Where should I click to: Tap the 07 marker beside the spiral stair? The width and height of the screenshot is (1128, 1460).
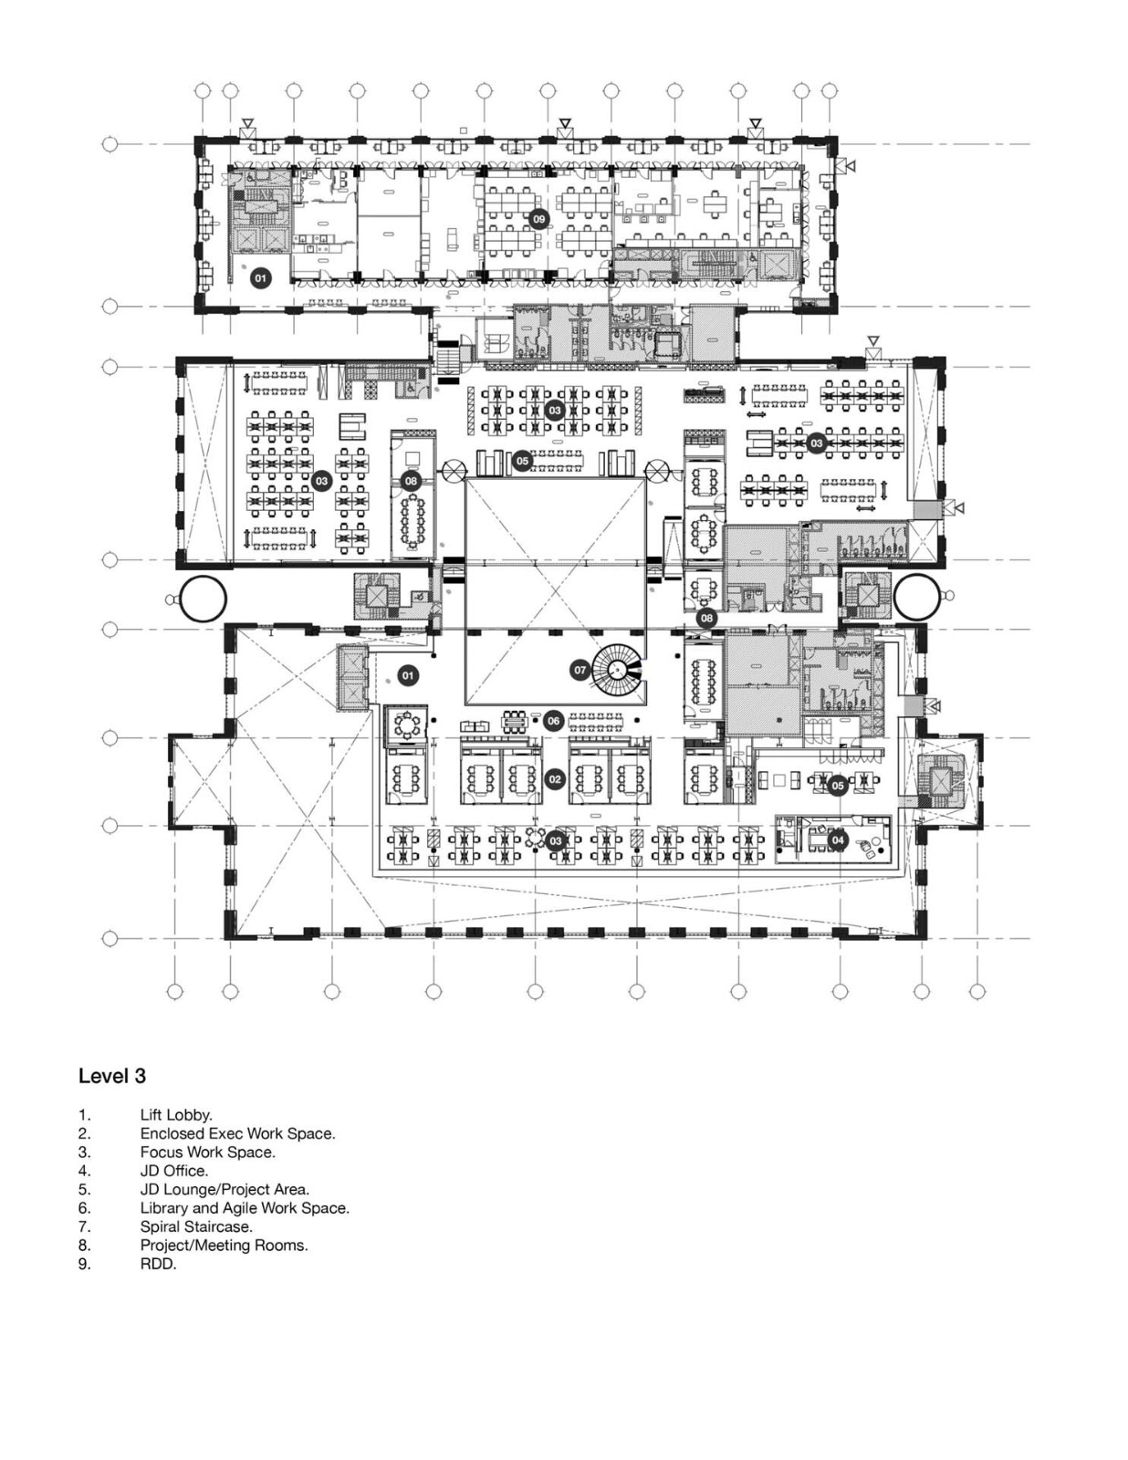[580, 670]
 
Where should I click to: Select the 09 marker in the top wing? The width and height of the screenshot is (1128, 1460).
[538, 219]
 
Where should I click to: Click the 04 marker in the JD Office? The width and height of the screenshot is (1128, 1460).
[837, 840]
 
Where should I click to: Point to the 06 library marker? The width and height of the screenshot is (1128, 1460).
[553, 721]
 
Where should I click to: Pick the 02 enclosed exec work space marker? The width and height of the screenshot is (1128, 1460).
[554, 779]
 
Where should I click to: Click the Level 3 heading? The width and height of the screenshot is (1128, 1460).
[112, 1076]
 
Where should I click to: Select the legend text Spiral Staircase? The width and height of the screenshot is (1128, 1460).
[196, 1226]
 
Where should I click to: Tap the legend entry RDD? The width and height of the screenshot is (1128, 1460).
[158, 1264]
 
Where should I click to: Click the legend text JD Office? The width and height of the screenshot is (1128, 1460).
[173, 1171]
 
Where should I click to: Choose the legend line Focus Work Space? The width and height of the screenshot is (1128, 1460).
[207, 1152]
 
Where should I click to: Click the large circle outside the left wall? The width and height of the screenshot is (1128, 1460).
[202, 600]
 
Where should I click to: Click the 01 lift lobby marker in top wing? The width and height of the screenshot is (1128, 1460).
[261, 277]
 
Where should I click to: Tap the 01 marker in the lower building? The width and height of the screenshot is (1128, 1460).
[408, 676]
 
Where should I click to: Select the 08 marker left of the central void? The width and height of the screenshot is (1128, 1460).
[411, 481]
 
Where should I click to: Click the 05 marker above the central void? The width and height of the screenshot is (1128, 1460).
[522, 462]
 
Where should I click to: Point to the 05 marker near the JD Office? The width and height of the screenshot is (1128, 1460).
[837, 785]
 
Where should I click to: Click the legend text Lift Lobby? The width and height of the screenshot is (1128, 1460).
[176, 1114]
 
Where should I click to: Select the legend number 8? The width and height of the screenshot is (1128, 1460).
[84, 1245]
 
